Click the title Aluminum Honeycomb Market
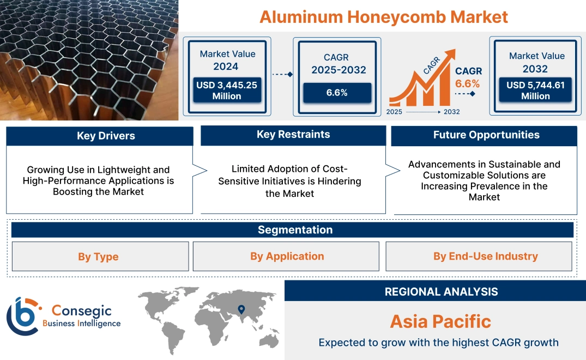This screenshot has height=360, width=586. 383,16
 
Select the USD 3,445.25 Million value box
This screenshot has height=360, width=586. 226,91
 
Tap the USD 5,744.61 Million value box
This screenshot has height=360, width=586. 535,91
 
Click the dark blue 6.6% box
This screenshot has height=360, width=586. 337,93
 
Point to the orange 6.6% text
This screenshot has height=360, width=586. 467,83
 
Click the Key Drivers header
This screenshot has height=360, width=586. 99,136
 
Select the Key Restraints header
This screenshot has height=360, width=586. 293,135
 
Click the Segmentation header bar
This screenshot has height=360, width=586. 295,230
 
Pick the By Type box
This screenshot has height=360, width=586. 98,256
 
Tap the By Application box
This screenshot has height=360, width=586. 287,256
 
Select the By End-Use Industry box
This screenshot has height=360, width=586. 485,256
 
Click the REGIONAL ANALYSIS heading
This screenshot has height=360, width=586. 441,292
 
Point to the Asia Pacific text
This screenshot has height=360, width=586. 440,321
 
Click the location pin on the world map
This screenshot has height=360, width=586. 240,310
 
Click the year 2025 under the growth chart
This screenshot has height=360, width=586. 395,112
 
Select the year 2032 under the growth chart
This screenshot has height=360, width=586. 451,112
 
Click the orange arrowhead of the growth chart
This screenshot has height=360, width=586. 450,55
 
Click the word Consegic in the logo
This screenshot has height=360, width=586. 81,311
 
